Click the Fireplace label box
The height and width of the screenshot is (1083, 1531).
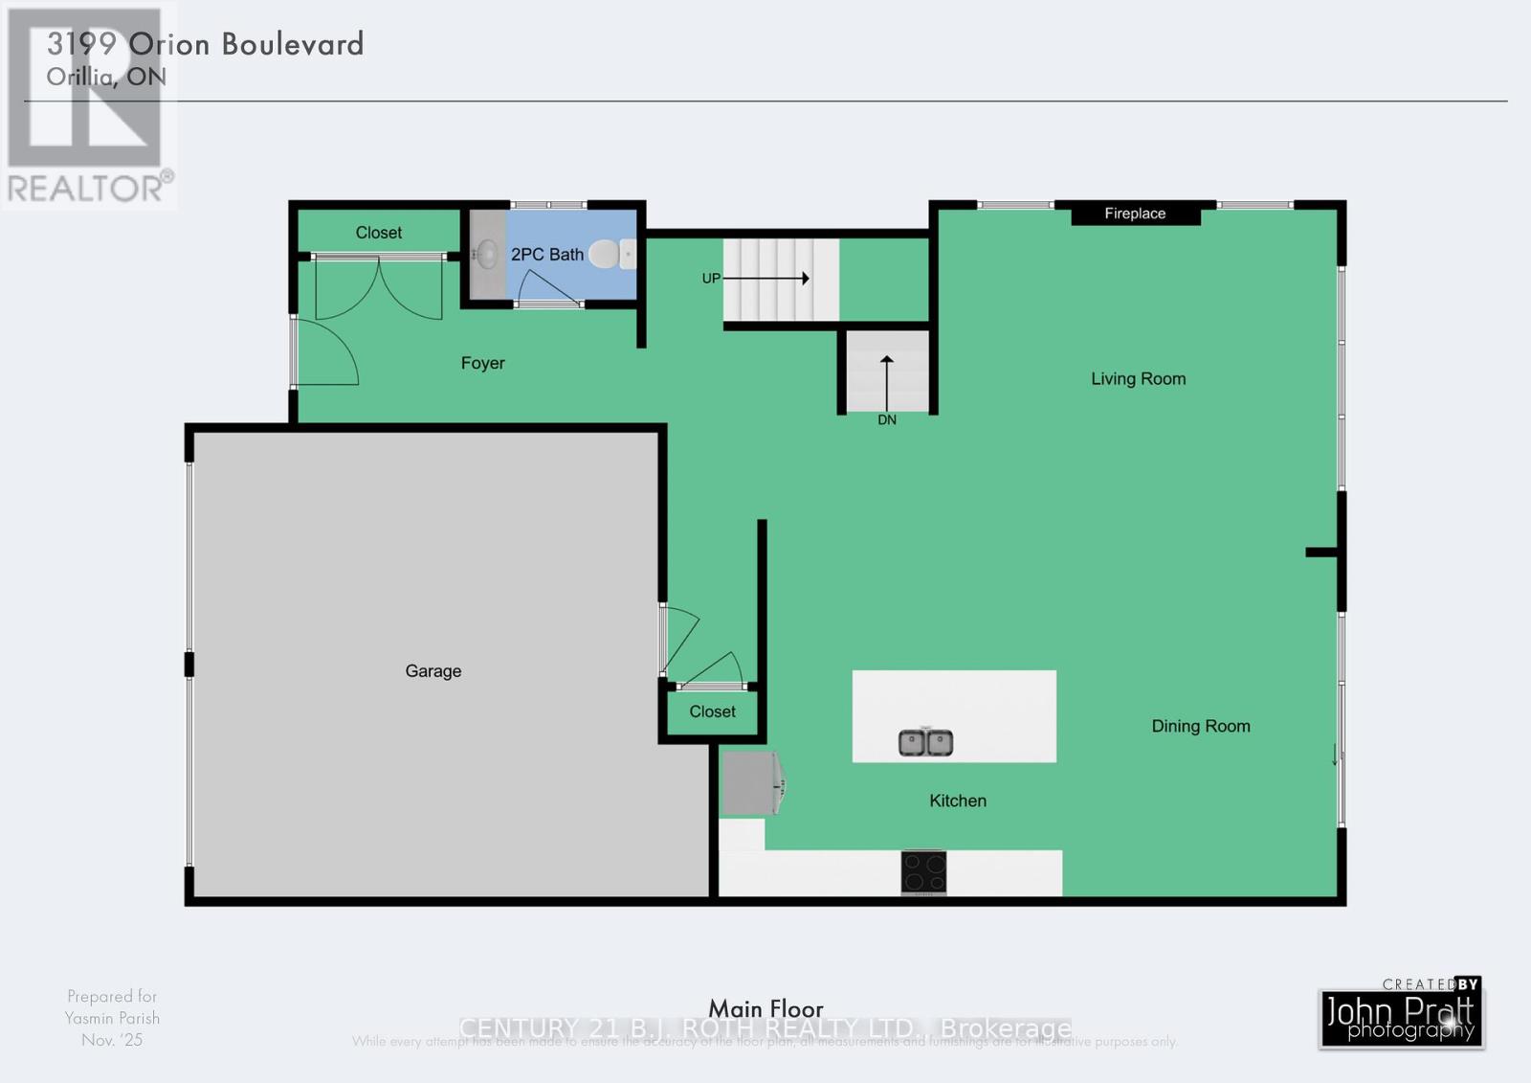1135,214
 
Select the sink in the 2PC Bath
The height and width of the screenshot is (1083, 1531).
487,255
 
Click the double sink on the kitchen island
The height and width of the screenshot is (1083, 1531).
925,742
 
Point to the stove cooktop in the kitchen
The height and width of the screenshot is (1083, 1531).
923,872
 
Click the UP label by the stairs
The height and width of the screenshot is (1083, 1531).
711,279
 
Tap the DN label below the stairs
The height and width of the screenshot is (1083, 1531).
887,420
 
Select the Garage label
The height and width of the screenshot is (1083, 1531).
433,671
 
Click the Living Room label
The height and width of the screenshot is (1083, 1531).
1138,379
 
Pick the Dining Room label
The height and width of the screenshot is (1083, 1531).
1200,726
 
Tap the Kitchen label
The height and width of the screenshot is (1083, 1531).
957,801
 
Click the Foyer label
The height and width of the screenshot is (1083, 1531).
482,363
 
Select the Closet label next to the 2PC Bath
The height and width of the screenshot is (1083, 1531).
378,233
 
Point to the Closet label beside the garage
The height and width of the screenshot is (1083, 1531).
712,711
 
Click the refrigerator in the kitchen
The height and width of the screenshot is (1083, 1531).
750,784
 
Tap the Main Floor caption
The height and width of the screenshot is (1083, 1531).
765,1008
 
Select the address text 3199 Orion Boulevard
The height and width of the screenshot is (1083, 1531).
205,44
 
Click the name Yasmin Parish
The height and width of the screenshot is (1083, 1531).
112,1018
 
